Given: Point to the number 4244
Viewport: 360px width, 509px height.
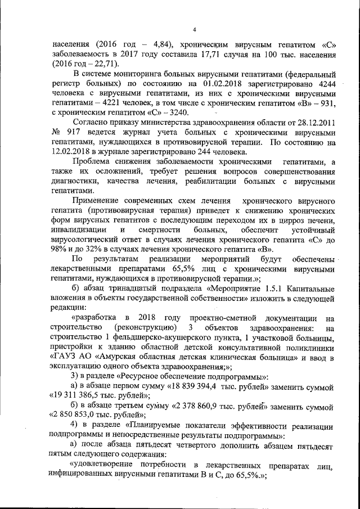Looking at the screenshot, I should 320,84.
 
